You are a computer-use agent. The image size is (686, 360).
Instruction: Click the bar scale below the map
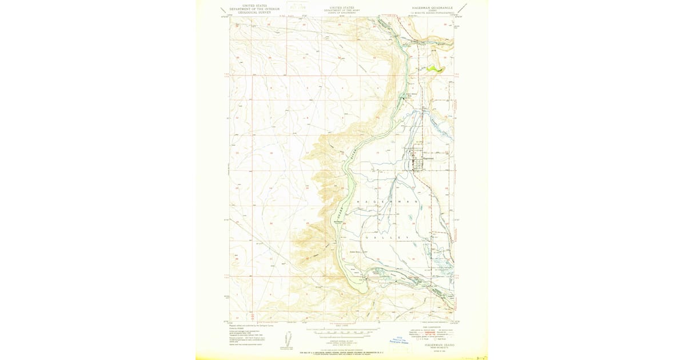(x=343, y=332)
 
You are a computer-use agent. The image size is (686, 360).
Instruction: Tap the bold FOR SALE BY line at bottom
(x=342, y=353)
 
